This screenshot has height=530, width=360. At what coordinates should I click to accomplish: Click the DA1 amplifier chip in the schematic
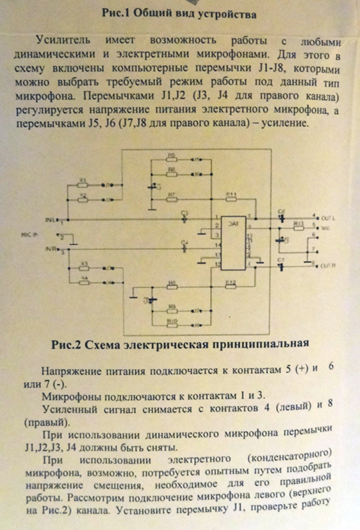[x=233, y=243]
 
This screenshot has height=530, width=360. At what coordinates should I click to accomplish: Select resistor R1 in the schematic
[x=84, y=185]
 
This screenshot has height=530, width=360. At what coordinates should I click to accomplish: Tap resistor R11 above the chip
[x=231, y=198]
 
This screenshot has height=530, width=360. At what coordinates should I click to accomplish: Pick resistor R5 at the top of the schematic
[x=172, y=159]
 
